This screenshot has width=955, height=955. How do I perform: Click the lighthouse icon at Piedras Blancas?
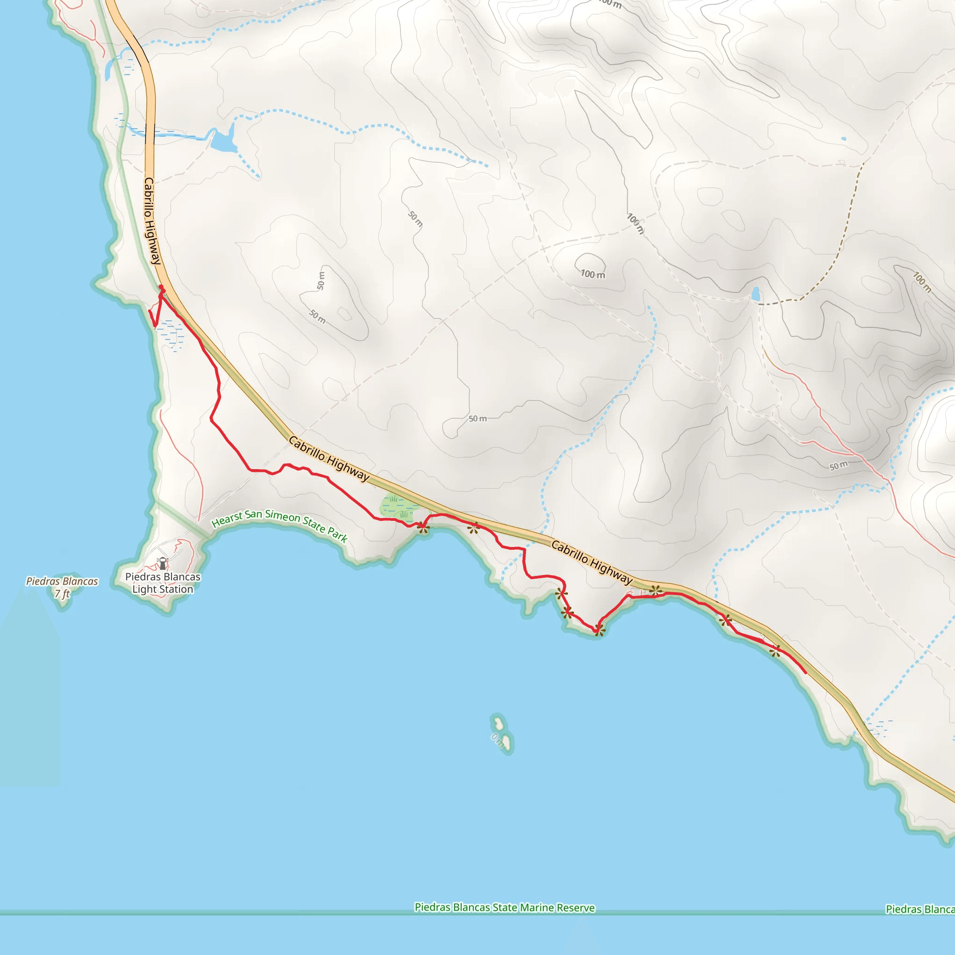coord(162,563)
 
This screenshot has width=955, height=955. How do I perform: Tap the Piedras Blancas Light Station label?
coord(163,583)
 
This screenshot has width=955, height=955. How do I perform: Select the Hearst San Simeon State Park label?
coord(280,526)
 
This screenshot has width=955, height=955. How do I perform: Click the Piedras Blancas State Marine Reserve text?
coord(504,907)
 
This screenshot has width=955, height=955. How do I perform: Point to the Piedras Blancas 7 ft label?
coord(62,587)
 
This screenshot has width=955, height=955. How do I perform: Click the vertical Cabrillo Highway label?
coord(152,221)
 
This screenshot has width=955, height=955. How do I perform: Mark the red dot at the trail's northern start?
coord(161,288)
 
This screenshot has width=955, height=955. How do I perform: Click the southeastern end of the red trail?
coord(805,673)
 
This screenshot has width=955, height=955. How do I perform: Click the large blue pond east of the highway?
coord(222,140)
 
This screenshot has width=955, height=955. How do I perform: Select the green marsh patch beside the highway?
coord(398,507)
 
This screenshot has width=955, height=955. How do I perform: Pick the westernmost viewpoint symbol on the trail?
coord(422,528)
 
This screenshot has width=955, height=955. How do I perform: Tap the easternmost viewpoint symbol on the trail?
coord(775,651)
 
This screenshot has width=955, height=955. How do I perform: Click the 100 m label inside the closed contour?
coord(592,274)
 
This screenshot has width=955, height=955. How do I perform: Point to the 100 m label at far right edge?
coord(921,282)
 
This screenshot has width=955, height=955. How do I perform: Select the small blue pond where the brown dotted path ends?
coord(755,294)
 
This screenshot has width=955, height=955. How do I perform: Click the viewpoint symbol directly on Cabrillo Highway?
coord(656,590)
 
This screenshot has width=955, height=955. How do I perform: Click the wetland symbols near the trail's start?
coord(171,334)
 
